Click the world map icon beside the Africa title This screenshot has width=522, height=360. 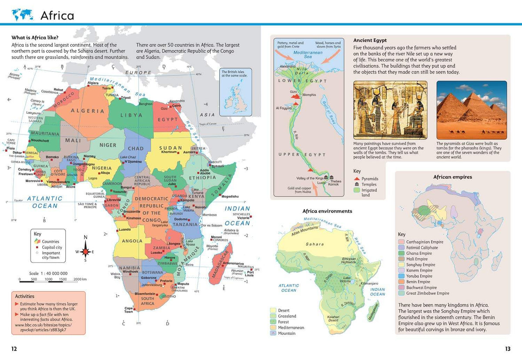pos(22,15)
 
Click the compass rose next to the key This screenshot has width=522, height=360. pos(86,251)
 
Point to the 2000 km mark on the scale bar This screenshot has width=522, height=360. pos(80,279)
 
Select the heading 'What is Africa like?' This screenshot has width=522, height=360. pos(35,37)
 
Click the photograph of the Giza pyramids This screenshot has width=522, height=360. pos(471,110)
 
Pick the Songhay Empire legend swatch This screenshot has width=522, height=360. pos(402,265)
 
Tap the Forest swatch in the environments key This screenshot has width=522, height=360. pos(273,322)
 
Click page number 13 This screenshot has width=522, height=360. pos(507,349)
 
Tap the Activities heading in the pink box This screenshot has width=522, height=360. pos(24,297)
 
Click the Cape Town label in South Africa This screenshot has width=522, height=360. pos(129,310)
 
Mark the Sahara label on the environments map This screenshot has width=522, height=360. pos(315,244)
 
